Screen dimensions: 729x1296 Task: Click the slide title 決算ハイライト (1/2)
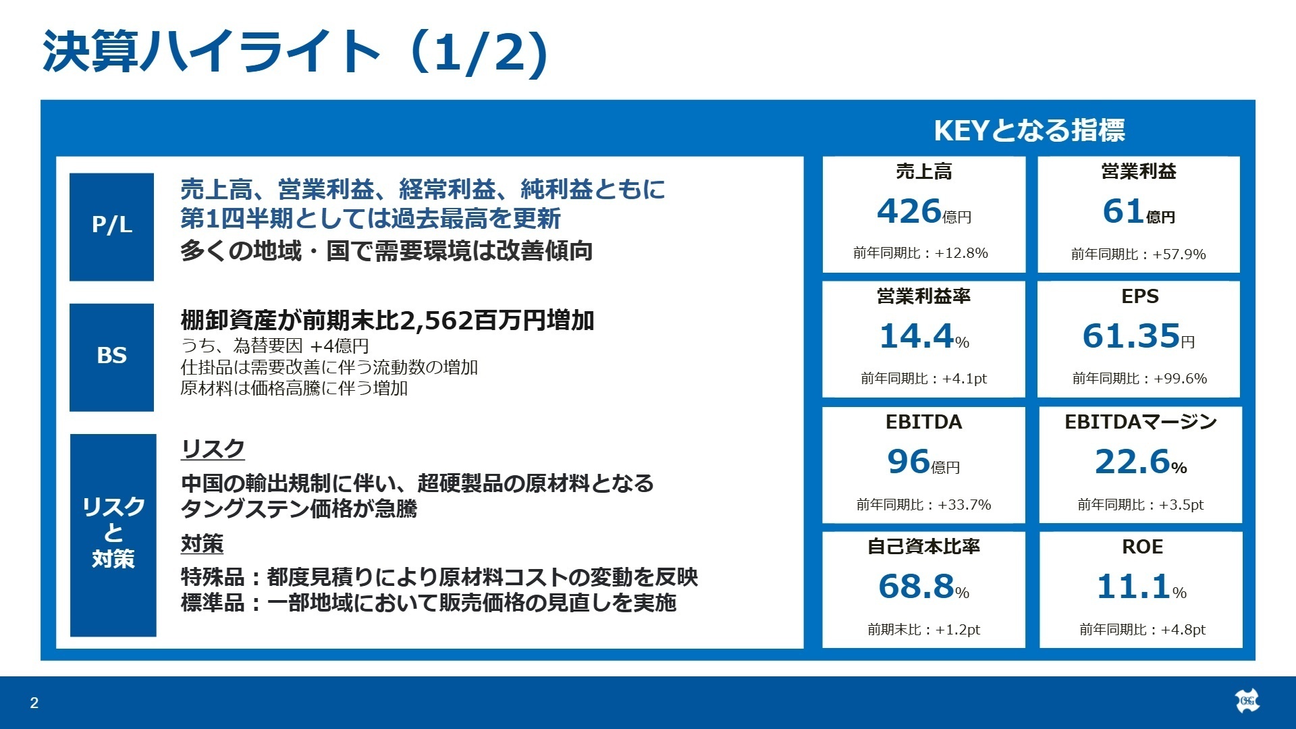pos(295,53)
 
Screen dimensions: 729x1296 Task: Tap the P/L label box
pos(111,226)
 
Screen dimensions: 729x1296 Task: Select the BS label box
pos(111,356)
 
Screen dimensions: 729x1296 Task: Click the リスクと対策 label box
pos(113,534)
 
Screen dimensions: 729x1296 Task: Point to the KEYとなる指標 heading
pos(1029,130)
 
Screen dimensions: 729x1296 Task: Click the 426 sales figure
pos(909,211)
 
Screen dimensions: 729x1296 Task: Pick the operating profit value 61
pos(1123,211)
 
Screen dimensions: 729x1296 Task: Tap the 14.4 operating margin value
pos(916,336)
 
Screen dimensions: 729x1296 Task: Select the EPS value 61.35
pos(1131,336)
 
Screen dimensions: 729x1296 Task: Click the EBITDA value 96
pos(909,462)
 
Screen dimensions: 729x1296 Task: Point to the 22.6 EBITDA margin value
pos(1132,462)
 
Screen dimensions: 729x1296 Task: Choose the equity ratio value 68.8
pos(916,587)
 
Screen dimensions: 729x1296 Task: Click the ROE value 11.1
pos(1133,587)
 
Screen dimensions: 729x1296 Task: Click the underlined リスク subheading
pos(213,449)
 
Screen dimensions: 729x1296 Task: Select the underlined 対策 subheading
pos(202,543)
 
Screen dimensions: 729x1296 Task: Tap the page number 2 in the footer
pos(34,703)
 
